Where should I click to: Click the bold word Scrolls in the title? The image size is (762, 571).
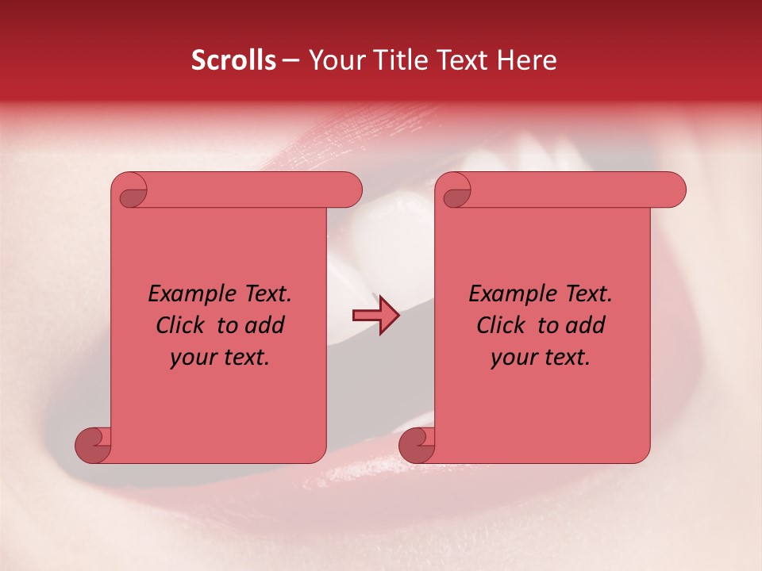tap(233, 60)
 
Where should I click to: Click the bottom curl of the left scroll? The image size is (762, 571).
tap(94, 445)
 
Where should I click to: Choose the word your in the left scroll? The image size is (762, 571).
tap(192, 358)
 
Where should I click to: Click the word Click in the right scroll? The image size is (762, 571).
tap(502, 325)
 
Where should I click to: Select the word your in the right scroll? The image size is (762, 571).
tap(513, 358)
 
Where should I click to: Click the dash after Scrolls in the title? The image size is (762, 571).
tap(291, 61)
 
